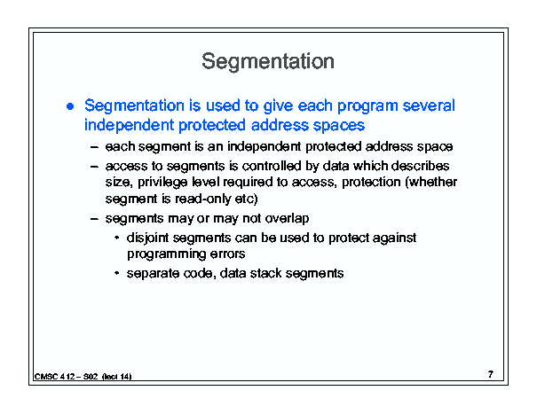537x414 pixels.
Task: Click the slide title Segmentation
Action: point(268,62)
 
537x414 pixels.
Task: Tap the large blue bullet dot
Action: point(70,106)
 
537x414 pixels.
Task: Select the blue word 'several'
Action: point(429,105)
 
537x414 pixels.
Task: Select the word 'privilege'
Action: point(162,183)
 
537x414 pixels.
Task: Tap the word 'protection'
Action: point(371,182)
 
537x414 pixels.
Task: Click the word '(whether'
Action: point(431,182)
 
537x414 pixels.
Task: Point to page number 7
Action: point(491,375)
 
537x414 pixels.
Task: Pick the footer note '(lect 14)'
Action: point(117,377)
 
